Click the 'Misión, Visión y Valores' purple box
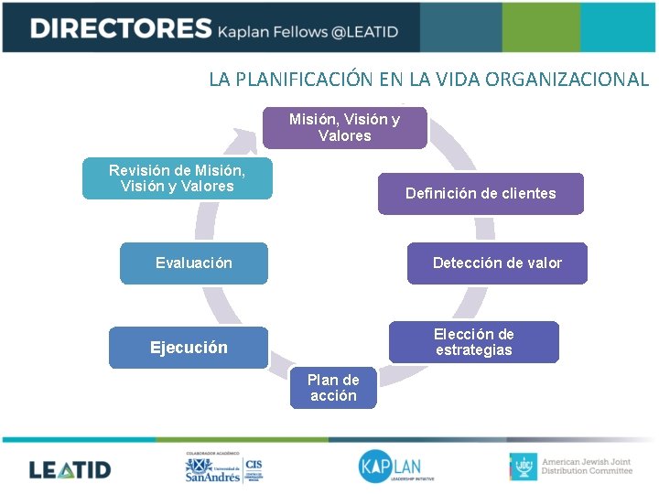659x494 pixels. tap(344, 128)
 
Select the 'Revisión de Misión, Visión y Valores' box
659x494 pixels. tap(177, 178)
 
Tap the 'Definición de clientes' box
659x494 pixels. tap(481, 193)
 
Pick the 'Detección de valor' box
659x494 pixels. tap(497, 263)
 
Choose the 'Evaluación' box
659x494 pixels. tap(194, 263)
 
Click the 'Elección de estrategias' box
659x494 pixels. tap(473, 342)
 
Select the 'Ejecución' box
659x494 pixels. tap(189, 348)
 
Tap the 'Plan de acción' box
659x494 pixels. tap(333, 388)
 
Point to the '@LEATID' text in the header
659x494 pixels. tap(363, 32)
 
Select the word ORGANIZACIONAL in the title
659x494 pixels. tap(567, 79)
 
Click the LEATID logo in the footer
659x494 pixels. tap(70, 470)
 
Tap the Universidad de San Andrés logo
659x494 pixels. tap(212, 469)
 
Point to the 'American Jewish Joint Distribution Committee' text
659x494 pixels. tap(587, 467)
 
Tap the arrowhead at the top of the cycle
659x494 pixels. tap(247, 139)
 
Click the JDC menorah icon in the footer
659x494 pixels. tap(523, 467)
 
